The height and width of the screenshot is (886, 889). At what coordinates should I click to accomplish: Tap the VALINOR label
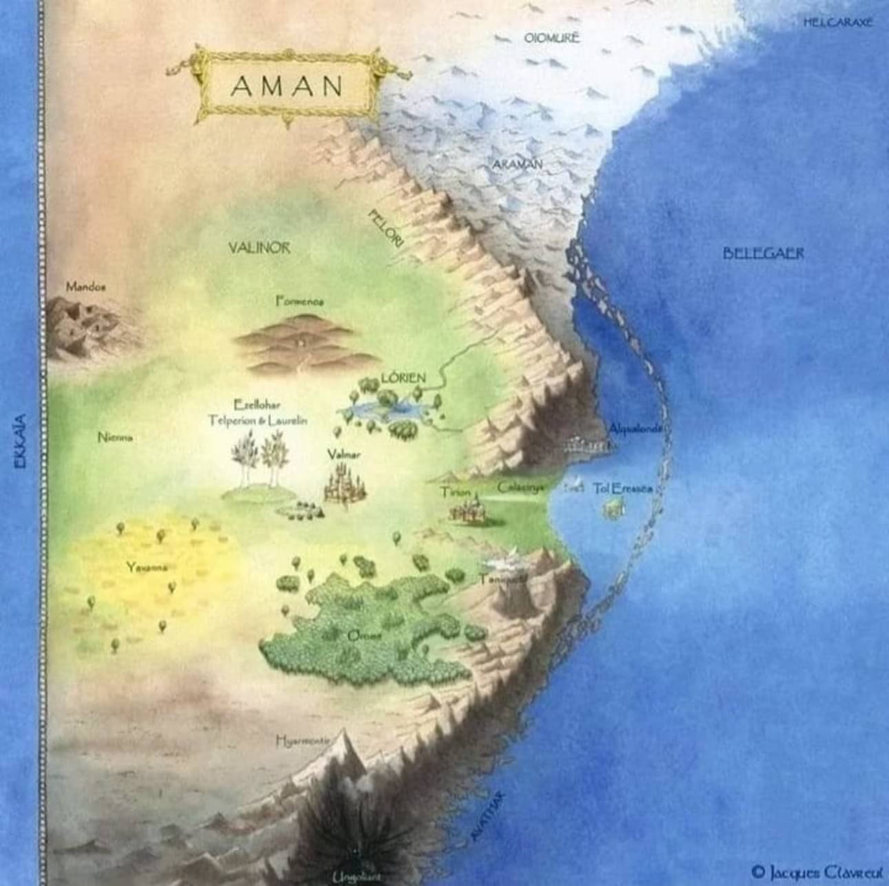tap(260, 248)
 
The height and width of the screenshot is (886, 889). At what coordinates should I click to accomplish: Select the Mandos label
tap(85, 285)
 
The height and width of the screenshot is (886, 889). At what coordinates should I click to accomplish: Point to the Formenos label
tap(299, 301)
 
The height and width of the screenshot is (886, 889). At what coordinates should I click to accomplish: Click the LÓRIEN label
tap(403, 378)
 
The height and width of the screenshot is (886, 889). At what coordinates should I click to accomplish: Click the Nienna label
tap(115, 437)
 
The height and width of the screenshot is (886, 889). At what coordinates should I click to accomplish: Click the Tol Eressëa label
tap(622, 488)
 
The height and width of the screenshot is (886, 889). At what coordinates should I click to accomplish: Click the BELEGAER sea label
tap(764, 254)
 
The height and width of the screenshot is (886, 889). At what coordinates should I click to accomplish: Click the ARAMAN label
tap(518, 164)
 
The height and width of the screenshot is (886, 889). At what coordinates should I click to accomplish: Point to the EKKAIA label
tap(21, 441)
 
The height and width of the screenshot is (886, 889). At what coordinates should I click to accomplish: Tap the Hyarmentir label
tap(302, 741)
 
